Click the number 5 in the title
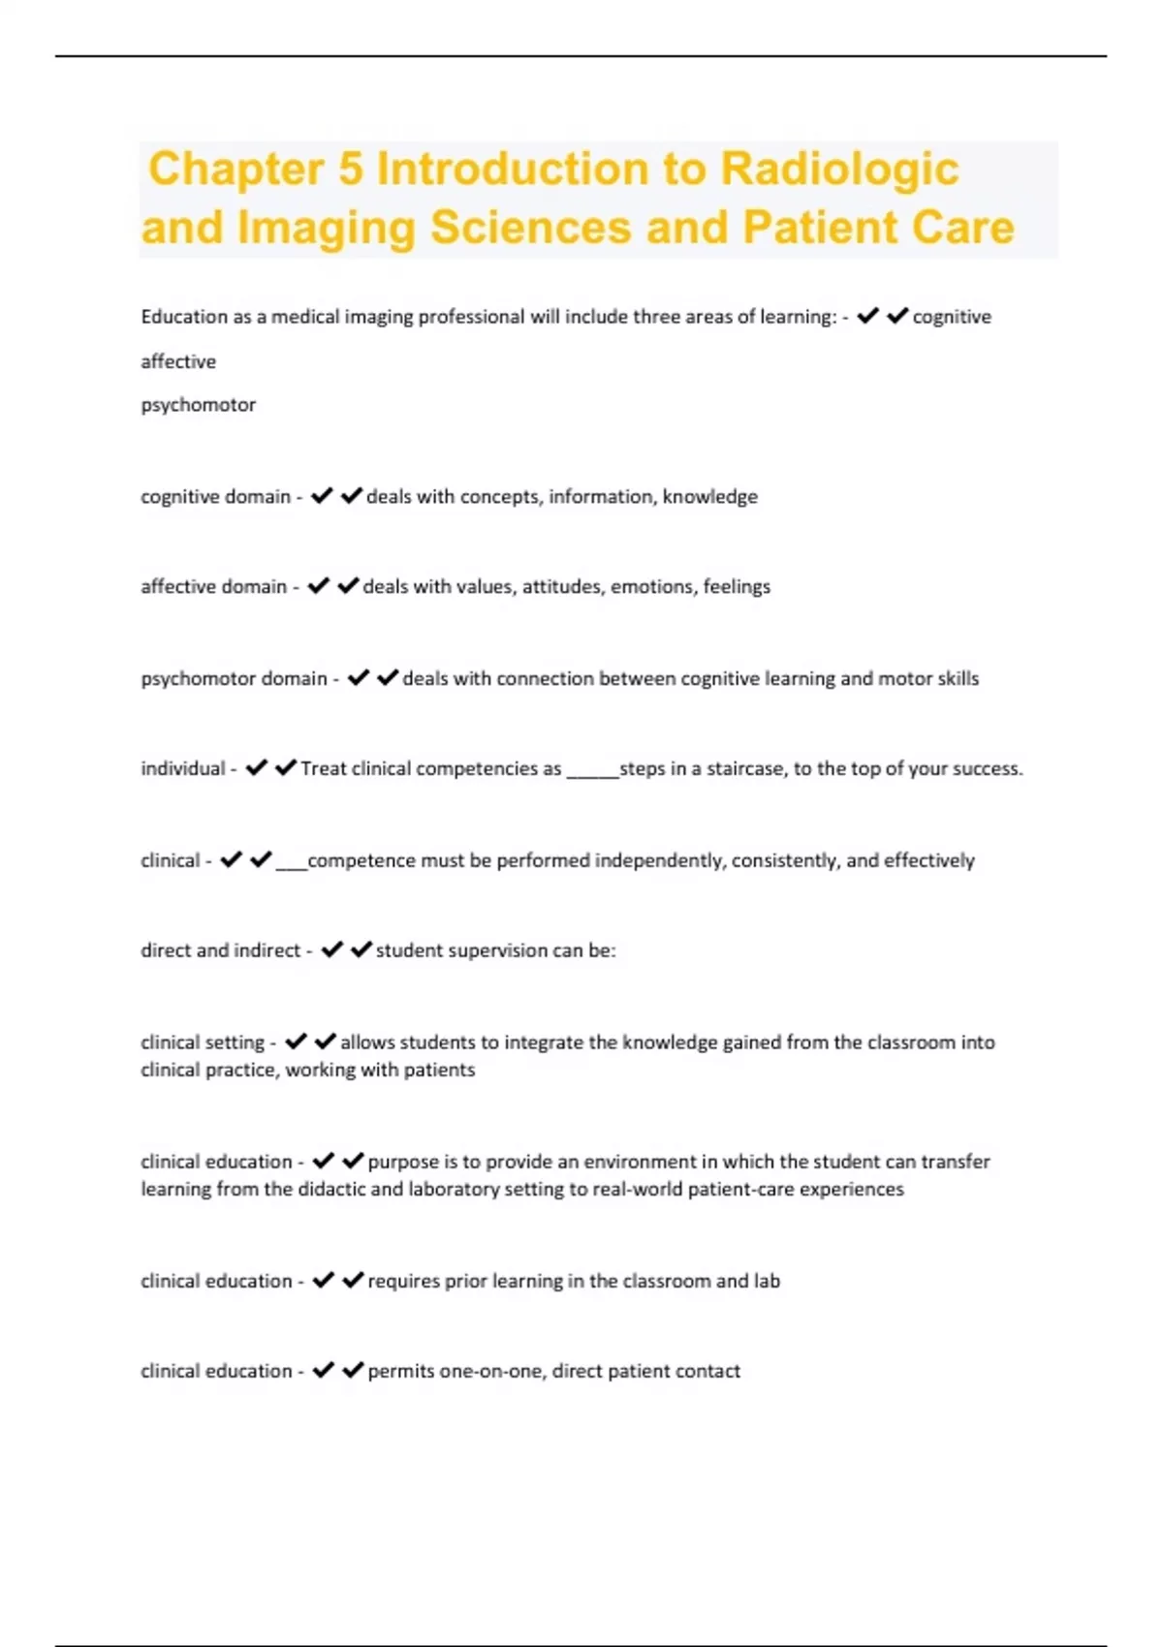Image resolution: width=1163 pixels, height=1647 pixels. pyautogui.click(x=351, y=169)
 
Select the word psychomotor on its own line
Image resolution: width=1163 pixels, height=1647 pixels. pyautogui.click(x=198, y=405)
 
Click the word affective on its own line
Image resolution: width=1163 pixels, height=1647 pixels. pyautogui.click(x=178, y=361)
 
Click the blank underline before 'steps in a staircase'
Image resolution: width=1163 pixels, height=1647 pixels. pyautogui.click(x=592, y=772)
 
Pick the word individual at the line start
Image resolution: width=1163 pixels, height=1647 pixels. pyautogui.click(x=183, y=769)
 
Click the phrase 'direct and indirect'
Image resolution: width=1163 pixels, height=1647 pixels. pyautogui.click(x=220, y=951)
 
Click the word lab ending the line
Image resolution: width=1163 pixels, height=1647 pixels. pyautogui.click(x=767, y=1282)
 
